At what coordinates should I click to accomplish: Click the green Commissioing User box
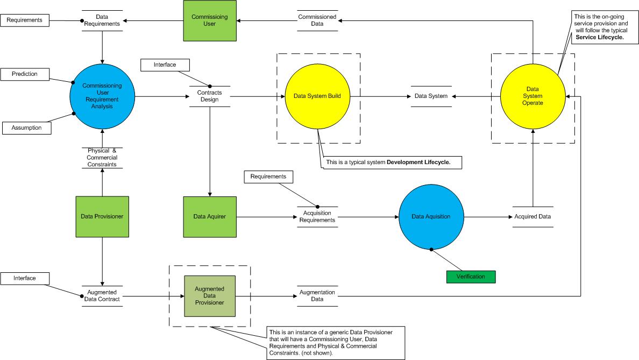pos(209,20)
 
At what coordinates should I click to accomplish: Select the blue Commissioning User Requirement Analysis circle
pos(102,96)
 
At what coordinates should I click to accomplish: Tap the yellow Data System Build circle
pos(317,96)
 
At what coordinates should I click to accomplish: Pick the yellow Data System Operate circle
pos(532,96)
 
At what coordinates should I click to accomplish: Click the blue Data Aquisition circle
pos(431,216)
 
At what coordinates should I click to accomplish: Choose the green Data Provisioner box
pos(102,216)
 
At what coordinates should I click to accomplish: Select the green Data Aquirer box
pos(210,216)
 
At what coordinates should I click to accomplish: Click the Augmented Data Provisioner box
pos(210,296)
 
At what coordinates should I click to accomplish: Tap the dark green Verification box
pos(471,277)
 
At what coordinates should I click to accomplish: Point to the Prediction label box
pos(25,74)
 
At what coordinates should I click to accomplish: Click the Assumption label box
pos(27,128)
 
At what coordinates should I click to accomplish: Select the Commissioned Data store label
pos(317,20)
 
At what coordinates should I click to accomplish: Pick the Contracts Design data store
pos(210,96)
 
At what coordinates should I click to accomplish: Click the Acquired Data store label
pos(532,216)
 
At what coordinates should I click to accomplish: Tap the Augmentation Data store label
pos(317,296)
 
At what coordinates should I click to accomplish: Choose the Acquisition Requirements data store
pos(317,216)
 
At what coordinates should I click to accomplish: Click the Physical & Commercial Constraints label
pos(102,158)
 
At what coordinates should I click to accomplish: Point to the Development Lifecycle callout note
pos(392,163)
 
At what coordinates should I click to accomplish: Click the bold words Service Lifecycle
pos(600,38)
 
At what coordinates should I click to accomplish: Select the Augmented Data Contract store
pos(102,296)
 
